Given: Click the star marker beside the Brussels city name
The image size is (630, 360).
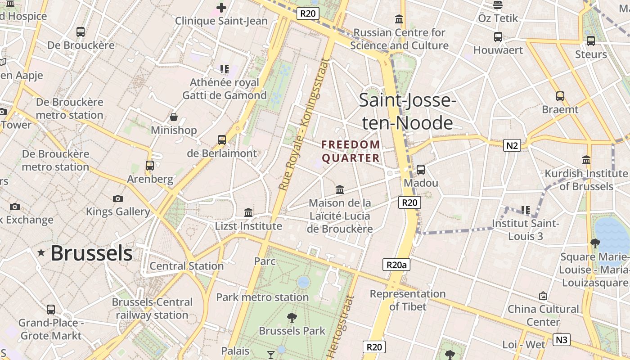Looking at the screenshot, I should pos(41,253).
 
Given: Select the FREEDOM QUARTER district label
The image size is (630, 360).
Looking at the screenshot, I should pos(351,151).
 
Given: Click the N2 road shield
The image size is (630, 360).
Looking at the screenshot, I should pos(512,145).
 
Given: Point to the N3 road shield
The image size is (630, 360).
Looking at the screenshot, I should pos(561,340).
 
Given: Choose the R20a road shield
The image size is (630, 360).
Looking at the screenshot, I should pos(396,265).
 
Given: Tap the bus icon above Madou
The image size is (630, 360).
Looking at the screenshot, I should pos(421,170).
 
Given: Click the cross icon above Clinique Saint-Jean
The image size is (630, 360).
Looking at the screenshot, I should pos(221,7).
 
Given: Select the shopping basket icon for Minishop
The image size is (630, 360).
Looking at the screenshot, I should pos(174,117).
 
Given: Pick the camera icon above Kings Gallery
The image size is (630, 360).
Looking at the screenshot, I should pos(118,198).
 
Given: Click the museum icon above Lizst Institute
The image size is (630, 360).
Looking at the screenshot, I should pos(248,212).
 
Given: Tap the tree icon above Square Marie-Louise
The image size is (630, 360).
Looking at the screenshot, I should pos(595,243).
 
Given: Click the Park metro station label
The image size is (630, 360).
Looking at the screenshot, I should pos(262,297).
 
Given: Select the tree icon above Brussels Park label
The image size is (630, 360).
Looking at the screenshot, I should pos(292,318).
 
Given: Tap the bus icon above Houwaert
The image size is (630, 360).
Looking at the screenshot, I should pos(498,37).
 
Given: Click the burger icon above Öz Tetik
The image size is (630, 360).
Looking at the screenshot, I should pos(498,5).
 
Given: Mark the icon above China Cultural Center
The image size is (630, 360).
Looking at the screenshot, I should pos(543,296).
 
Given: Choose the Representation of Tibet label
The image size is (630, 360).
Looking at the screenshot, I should pos(408,300).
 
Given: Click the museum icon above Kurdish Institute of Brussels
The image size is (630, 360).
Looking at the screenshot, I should pos(586,160).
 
